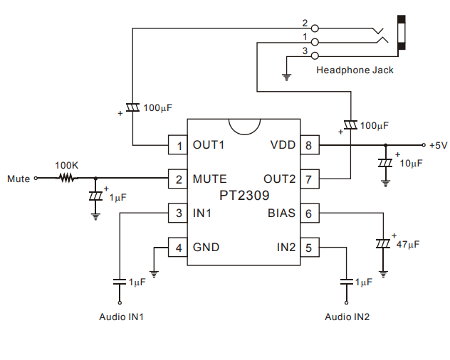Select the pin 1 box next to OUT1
[177, 145]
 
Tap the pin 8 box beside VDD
[308, 145]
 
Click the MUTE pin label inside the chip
[210, 179]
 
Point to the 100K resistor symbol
[67, 179]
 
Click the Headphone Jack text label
[355, 70]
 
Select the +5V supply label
[438, 145]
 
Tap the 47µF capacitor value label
[408, 243]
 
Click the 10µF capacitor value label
[411, 163]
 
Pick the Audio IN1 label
[122, 316]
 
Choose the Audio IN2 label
[347, 316]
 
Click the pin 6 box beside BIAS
[308, 213]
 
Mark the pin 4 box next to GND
[177, 248]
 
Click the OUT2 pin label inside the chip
[278, 179]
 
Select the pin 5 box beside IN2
[308, 248]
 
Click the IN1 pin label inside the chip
[204, 213]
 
